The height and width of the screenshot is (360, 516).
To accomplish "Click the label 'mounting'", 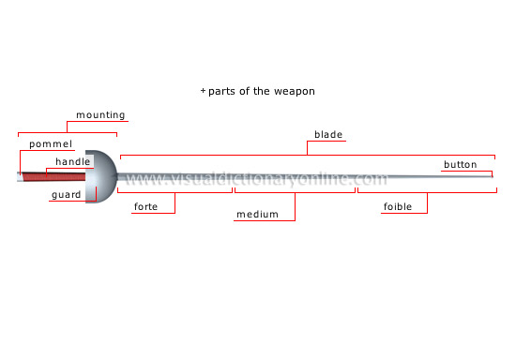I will [x=100, y=115].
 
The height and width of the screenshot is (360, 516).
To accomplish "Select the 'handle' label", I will [x=72, y=162].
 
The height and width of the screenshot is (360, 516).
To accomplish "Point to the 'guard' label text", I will [x=66, y=195].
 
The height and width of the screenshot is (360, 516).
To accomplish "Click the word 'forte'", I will [x=145, y=206].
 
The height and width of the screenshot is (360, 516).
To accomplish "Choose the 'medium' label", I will [x=257, y=215].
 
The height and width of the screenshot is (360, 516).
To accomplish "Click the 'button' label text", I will [x=461, y=164].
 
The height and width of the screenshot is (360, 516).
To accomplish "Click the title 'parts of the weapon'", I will [x=262, y=91].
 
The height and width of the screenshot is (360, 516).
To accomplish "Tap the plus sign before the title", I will [x=204, y=91].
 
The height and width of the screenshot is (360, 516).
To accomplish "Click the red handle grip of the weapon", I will [x=56, y=176].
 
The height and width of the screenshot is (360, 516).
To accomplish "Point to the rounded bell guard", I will [x=103, y=175].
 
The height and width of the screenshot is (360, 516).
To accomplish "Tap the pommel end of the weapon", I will [x=20, y=176].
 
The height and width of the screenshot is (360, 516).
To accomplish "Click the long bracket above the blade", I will [x=308, y=154].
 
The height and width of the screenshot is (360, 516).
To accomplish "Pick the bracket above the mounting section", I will [x=67, y=132].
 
